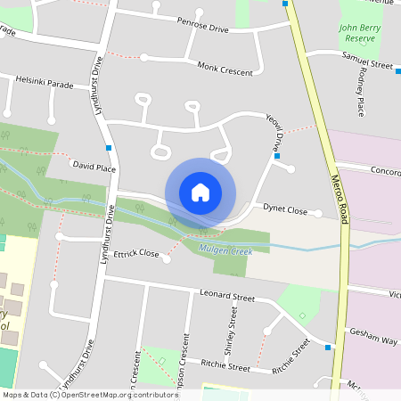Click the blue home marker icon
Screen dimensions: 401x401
(200, 192)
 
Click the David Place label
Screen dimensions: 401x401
(94, 167)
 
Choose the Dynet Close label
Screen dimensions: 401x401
(285, 211)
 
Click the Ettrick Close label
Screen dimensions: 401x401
(136, 254)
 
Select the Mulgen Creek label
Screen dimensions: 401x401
(225, 250)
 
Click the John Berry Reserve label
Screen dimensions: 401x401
(361, 34)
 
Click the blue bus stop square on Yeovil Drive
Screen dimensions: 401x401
(277, 156)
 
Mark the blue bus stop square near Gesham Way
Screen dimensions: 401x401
(329, 347)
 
